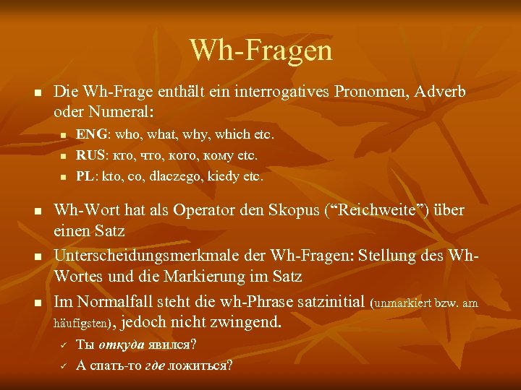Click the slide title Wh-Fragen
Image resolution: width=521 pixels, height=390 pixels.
[260, 51]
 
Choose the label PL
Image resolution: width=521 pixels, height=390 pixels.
[85, 175]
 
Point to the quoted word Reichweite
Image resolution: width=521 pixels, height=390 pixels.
[376, 211]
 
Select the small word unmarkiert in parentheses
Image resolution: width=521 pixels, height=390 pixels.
[406, 303]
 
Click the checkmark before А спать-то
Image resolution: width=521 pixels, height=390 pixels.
[62, 365]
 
